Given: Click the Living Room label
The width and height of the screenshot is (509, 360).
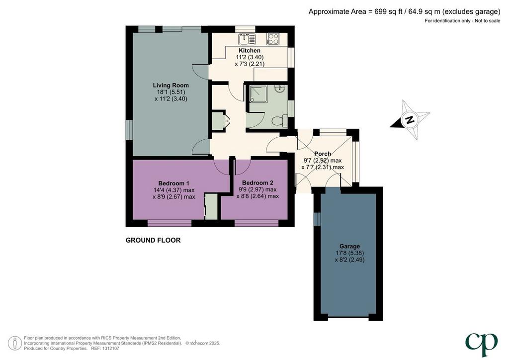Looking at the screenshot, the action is tap(171, 86).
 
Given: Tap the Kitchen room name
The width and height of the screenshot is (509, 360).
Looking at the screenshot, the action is tap(250, 50).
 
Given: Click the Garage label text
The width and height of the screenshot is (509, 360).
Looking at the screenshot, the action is tap(349, 247).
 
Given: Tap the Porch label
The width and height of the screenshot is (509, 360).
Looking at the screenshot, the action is tap(323, 154).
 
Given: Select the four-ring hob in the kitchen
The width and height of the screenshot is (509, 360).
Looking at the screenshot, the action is tap(273, 39).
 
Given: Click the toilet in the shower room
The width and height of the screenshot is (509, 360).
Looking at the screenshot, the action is tap(279, 121).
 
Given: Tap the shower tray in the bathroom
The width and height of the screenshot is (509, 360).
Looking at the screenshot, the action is tap(258, 94).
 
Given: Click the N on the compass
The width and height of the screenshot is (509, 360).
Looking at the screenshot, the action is tap(410, 120).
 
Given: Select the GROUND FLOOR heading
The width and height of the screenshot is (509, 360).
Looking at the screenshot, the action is tap(153, 240).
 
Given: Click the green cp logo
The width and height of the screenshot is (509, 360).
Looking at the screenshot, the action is tap(481, 345).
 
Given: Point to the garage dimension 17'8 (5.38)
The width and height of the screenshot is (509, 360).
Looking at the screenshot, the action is tap(349, 253).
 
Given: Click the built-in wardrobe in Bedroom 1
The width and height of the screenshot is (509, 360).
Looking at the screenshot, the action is tap(211, 206).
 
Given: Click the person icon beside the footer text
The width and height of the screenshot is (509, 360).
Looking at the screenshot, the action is tap(14, 343).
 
